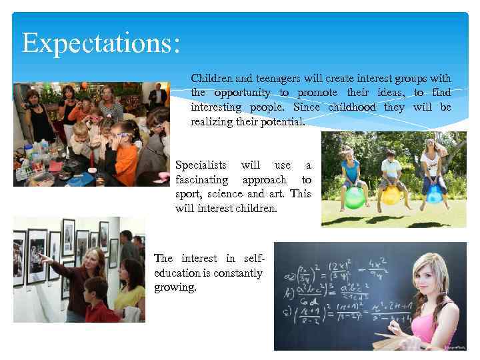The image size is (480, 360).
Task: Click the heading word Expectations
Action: pyautogui.click(x=100, y=43)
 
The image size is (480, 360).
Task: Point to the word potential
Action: pyautogui.click(x=283, y=122)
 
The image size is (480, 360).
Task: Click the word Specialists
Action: pyautogui.click(x=201, y=165)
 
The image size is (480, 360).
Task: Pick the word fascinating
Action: pyautogui.click(x=202, y=179)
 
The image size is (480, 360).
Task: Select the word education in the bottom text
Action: pyautogui.click(x=175, y=273)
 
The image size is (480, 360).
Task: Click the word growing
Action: pyautogui.click(x=174, y=288)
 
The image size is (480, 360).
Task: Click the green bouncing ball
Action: pyautogui.click(x=354, y=197)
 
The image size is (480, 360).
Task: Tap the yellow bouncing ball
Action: pyautogui.click(x=391, y=195)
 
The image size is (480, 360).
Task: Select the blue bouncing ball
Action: pyautogui.click(x=434, y=193)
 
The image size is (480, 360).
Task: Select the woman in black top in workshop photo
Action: pyautogui.click(x=37, y=120)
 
